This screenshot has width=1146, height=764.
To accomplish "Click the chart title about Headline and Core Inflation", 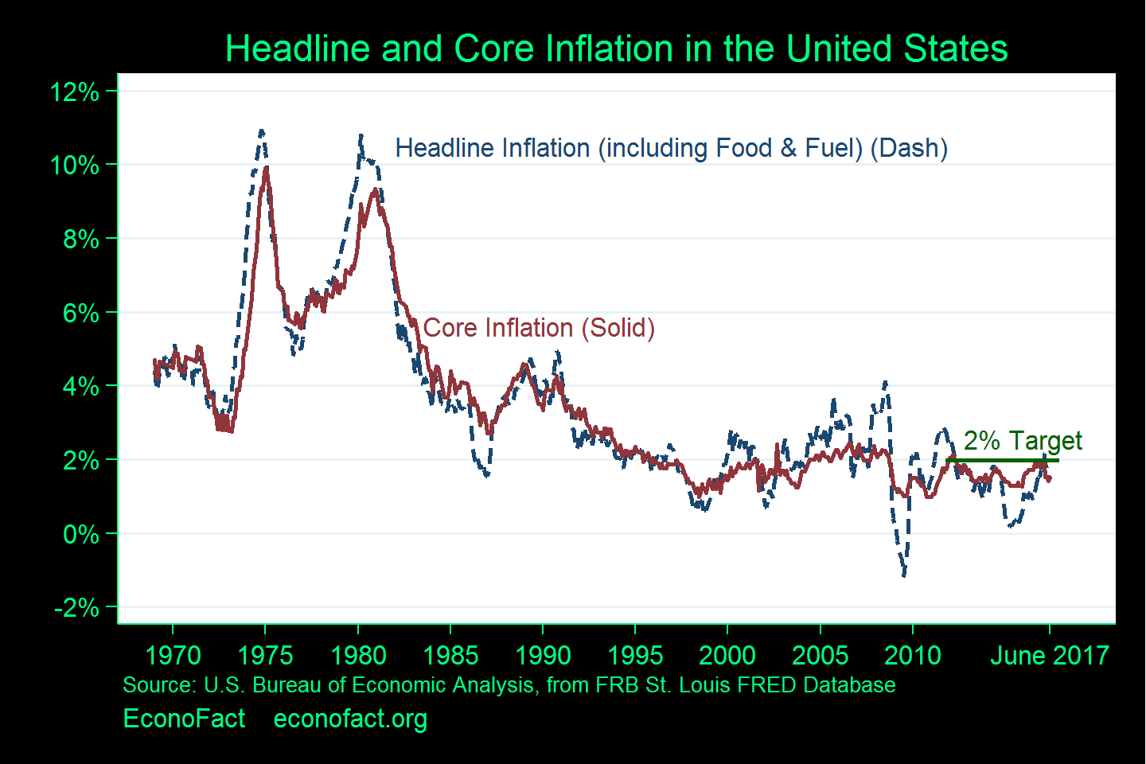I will (616, 49).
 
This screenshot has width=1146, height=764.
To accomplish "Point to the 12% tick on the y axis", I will (75, 92).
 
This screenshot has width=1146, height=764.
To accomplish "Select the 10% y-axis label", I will (75, 166).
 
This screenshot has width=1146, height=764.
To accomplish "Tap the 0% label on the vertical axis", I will (81, 534).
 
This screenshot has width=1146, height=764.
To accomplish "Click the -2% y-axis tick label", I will (76, 608).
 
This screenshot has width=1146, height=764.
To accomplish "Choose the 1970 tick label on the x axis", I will (173, 656).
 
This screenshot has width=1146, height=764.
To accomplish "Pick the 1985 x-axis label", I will (450, 656).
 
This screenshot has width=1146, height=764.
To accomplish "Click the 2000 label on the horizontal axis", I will (727, 656).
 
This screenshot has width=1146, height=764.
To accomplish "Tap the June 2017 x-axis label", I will (1049, 656).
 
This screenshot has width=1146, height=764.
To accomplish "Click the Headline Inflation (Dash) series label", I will (671, 148).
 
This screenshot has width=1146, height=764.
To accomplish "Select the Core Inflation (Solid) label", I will (539, 328).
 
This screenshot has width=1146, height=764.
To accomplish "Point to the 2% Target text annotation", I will (1023, 440).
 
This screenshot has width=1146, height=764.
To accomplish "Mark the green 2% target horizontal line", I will (1002, 460).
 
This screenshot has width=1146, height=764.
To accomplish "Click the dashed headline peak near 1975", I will (261, 131).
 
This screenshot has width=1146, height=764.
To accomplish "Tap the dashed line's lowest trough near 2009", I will (904, 575).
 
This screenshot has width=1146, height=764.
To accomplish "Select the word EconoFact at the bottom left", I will (184, 719).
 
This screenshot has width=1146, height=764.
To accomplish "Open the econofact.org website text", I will (350, 719).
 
